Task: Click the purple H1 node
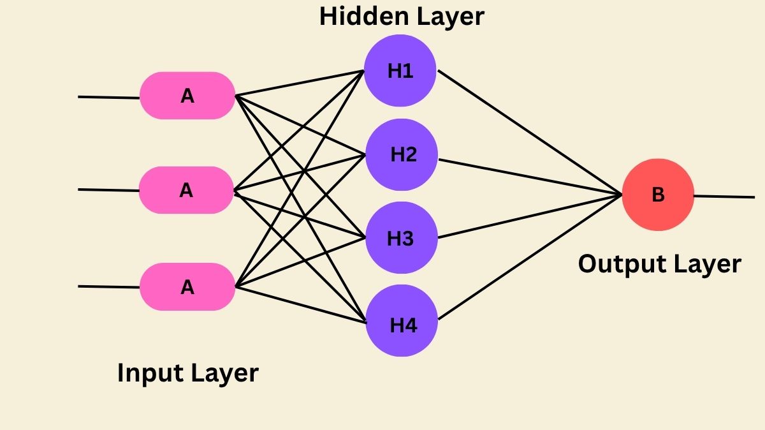[400, 71]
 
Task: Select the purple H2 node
[402, 154]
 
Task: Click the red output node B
[658, 195]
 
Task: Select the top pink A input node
[187, 96]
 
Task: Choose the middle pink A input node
[187, 190]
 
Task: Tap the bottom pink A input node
[187, 287]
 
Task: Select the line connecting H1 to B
[529, 131]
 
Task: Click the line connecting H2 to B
[529, 176]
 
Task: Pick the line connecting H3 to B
[529, 216]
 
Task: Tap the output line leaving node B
[724, 196]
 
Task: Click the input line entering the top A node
[108, 97]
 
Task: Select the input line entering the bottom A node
[108, 286]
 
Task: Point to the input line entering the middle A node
[108, 189]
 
